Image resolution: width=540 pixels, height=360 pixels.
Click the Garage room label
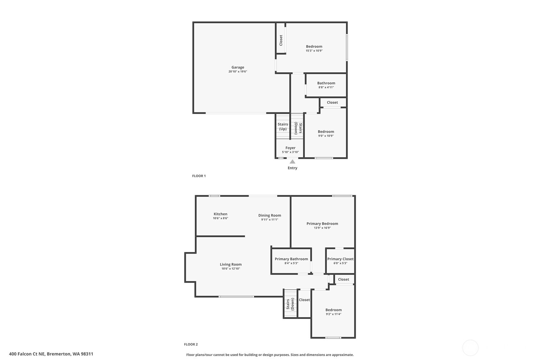click(238, 67)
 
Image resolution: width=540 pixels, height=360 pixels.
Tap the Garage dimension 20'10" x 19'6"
click(238, 72)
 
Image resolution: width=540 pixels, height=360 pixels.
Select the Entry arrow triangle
click(292, 162)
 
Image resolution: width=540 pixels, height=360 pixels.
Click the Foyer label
click(291, 148)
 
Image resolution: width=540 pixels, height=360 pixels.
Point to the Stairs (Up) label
click(283, 127)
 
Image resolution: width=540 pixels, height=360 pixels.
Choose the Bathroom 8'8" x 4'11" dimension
click(326, 87)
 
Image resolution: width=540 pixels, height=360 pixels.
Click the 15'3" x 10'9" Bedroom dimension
click(314, 51)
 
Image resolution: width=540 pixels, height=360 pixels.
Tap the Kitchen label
click(220, 214)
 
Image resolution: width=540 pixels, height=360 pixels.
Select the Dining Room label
click(270, 215)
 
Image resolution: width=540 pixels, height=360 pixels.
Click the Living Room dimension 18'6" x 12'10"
click(231, 269)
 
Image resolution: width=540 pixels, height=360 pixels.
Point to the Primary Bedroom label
click(322, 223)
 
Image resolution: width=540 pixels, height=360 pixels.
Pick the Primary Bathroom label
click(291, 259)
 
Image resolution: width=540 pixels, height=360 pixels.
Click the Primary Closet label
click(340, 259)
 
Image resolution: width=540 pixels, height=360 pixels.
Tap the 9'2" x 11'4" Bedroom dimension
click(334, 314)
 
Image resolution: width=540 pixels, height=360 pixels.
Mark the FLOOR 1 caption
click(199, 176)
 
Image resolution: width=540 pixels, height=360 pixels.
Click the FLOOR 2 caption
click(191, 344)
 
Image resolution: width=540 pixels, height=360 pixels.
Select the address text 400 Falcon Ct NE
click(27, 354)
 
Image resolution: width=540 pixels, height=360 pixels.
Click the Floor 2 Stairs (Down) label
click(290, 304)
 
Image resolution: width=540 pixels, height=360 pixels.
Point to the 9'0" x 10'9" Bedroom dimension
click(326, 136)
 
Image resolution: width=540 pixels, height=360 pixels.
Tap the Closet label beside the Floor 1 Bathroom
click(333, 102)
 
